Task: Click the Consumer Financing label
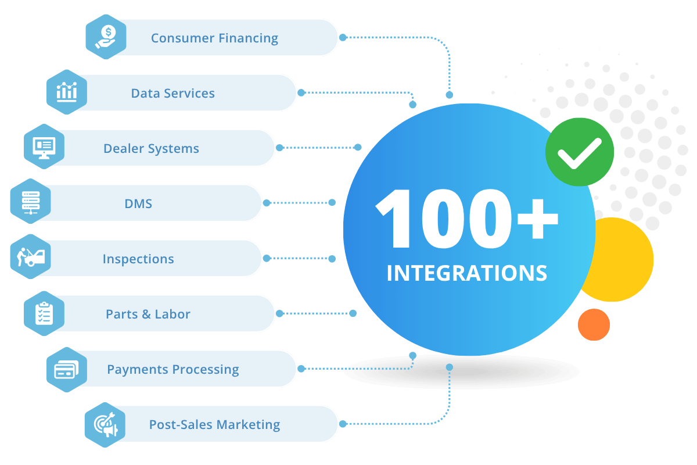pyautogui.click(x=214, y=38)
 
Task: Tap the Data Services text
pyautogui.click(x=173, y=93)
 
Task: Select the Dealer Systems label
pyautogui.click(x=151, y=149)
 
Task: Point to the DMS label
pyautogui.click(x=138, y=204)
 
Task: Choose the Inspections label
pyautogui.click(x=138, y=259)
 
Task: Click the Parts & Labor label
pyautogui.click(x=148, y=314)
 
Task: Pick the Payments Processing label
pyautogui.click(x=173, y=370)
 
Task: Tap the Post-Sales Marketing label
pyautogui.click(x=214, y=425)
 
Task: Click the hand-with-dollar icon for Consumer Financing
pyautogui.click(x=106, y=37)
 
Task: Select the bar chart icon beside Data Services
pyautogui.click(x=67, y=92)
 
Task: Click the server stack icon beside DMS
pyautogui.click(x=31, y=202)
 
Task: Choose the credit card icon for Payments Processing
pyautogui.click(x=67, y=370)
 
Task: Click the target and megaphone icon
pyautogui.click(x=106, y=424)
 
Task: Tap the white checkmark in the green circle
pyautogui.click(x=579, y=152)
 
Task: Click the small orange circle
pyautogui.click(x=594, y=324)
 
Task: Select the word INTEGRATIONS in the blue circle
pyautogui.click(x=467, y=273)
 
